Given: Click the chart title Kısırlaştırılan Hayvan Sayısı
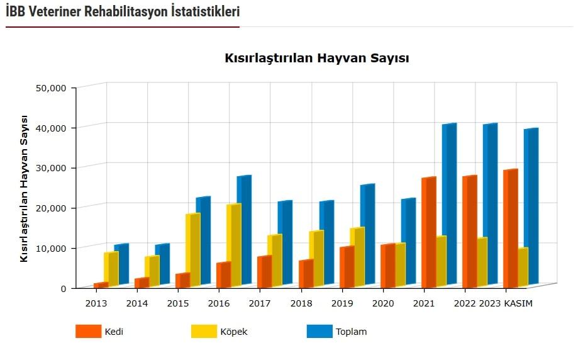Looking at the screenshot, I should (x=317, y=59).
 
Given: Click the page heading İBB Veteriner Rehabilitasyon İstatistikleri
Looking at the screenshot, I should (x=123, y=11).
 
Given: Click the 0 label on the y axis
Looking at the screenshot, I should (x=63, y=288).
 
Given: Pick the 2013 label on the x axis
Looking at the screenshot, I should (x=96, y=303).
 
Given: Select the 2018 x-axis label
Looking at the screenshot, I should (x=301, y=303).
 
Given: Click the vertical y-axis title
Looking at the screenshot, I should (x=24, y=188).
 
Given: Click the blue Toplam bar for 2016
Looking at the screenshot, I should (x=243, y=229).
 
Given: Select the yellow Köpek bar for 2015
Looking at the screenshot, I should (x=192, y=249).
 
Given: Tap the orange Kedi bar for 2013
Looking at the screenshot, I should (x=99, y=285).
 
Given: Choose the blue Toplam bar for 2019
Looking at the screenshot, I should (x=366, y=234).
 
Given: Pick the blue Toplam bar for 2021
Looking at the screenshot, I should (x=448, y=204).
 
